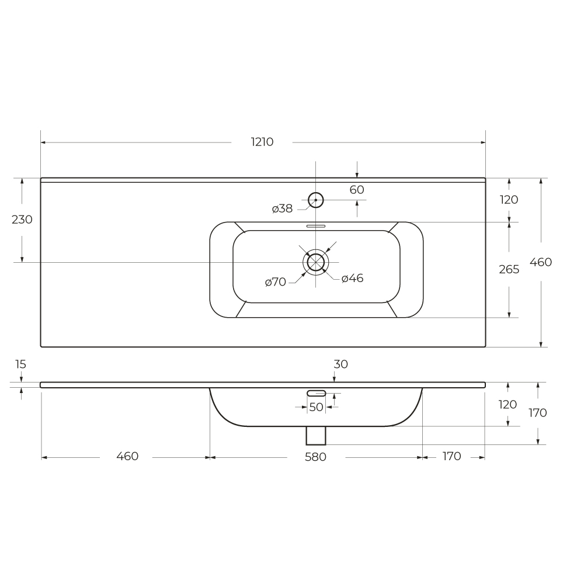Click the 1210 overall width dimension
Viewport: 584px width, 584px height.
262,142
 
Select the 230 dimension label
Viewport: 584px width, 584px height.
22,220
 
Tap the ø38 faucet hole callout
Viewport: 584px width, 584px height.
282,208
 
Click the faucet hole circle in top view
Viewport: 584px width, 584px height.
316,200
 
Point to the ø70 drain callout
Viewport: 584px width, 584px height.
276,282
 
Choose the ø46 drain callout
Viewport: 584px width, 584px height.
352,278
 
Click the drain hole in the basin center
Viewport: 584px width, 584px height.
316,262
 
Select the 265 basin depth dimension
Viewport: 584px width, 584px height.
509,269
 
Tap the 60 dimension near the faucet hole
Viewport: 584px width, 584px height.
357,190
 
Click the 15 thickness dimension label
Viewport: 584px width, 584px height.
20,364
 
